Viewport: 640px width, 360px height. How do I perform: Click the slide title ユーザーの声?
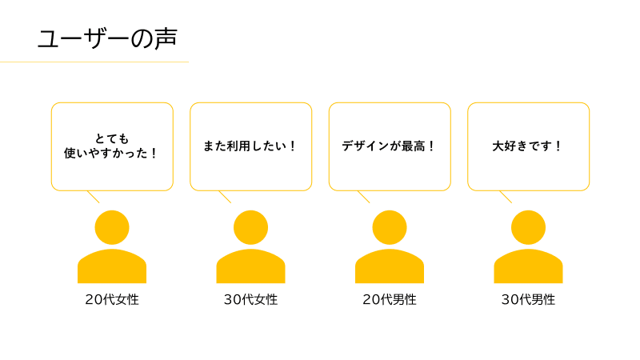(x=107, y=38)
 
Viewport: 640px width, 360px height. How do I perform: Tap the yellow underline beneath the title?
(x=94, y=62)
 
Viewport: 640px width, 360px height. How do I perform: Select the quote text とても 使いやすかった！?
(x=111, y=146)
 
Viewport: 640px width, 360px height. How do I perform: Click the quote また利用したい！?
(x=250, y=146)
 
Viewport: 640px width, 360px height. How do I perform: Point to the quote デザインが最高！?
(x=389, y=146)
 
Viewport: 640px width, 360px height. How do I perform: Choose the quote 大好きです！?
(x=527, y=146)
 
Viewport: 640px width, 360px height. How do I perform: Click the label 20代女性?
(x=112, y=299)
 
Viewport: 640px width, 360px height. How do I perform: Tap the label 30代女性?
(x=250, y=299)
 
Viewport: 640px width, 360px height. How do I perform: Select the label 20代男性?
(x=390, y=299)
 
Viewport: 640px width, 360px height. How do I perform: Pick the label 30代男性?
(x=528, y=299)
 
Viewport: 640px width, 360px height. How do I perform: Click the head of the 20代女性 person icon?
(x=112, y=227)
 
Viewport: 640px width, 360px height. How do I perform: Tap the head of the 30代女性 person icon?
(x=250, y=227)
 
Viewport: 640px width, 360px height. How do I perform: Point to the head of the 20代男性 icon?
(x=390, y=227)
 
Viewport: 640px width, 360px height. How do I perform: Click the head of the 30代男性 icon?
(x=528, y=227)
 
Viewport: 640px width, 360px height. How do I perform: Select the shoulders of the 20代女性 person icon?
(x=112, y=266)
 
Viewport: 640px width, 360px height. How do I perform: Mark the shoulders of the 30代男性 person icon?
(x=528, y=266)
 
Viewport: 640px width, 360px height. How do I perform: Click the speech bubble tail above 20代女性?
(x=93, y=197)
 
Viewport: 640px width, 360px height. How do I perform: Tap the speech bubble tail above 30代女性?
(x=225, y=197)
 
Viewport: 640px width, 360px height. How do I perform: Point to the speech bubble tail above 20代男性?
(x=364, y=197)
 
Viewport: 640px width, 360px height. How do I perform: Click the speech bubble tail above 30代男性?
(x=506, y=197)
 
